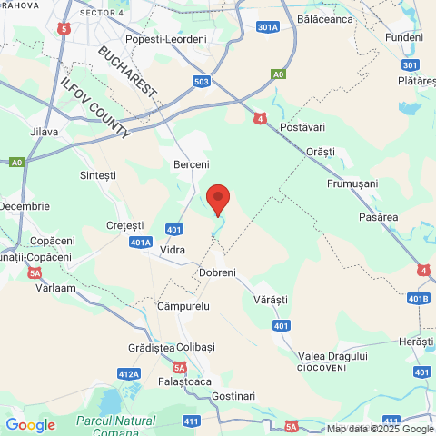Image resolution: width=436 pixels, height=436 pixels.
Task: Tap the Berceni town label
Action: tap(191, 164)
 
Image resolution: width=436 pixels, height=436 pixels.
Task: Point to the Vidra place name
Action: tap(173, 248)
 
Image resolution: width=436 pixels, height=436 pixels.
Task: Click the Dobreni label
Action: tap(217, 272)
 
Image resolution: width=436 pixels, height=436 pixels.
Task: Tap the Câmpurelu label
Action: tap(183, 307)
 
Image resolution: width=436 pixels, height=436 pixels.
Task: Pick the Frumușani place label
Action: tap(352, 183)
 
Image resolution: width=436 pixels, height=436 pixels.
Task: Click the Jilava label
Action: tap(44, 132)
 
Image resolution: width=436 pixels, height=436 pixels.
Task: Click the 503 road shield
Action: tap(203, 82)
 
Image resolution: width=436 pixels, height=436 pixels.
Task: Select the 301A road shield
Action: tap(267, 27)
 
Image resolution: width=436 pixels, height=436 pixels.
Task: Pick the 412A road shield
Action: tap(129, 374)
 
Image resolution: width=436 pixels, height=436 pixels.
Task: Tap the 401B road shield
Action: tap(419, 299)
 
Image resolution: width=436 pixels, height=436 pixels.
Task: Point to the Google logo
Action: tap(30, 424)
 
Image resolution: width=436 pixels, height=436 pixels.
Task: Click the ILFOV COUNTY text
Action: tap(94, 106)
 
